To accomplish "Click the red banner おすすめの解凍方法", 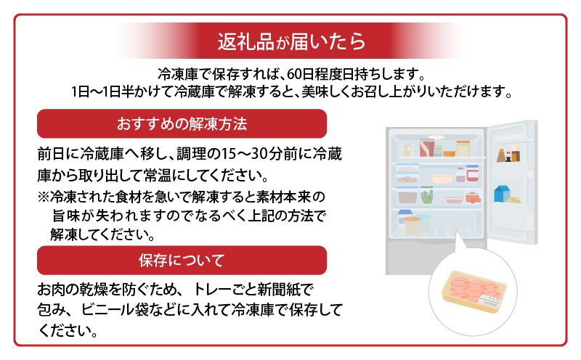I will point(182,124).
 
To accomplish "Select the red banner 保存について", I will point(182,259).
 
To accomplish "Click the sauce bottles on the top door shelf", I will point(508,153).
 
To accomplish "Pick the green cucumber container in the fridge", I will point(427,195).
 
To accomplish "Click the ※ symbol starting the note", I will point(43,197).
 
